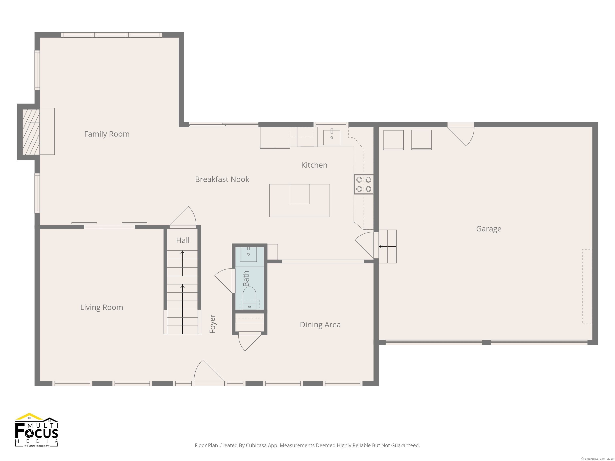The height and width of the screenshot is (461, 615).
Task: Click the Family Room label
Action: pyautogui.click(x=107, y=134)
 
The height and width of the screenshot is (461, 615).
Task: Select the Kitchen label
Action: pyautogui.click(x=314, y=165)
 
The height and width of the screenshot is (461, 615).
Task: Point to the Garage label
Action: pyautogui.click(x=488, y=229)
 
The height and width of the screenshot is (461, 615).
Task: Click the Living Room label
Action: pyautogui.click(x=101, y=307)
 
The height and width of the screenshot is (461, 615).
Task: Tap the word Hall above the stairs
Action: pyautogui.click(x=183, y=240)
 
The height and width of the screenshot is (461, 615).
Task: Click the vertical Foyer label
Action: pyautogui.click(x=212, y=324)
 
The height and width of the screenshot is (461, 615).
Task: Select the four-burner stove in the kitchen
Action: pyautogui.click(x=364, y=184)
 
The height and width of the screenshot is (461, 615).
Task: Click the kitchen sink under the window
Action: pyautogui.click(x=332, y=137)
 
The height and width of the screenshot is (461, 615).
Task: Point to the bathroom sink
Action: pyautogui.click(x=248, y=254)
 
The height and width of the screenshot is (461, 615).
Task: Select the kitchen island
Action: pyautogui.click(x=299, y=200)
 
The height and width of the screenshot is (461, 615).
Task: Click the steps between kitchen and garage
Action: pyautogui.click(x=388, y=247)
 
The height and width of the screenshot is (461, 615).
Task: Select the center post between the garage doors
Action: pyautogui.click(x=486, y=342)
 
